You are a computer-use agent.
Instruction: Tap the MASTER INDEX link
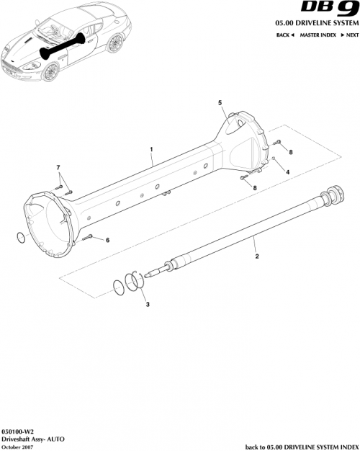coord(318,35)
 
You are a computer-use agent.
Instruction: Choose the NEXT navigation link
coord(350,35)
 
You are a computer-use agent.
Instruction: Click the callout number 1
coord(152,151)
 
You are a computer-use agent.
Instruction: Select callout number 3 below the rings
coord(148,305)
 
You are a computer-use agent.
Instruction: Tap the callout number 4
coord(287,173)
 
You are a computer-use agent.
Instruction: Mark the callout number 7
coord(59,168)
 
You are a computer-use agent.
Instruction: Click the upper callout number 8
coord(291,153)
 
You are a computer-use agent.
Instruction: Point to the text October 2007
coord(17,447)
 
